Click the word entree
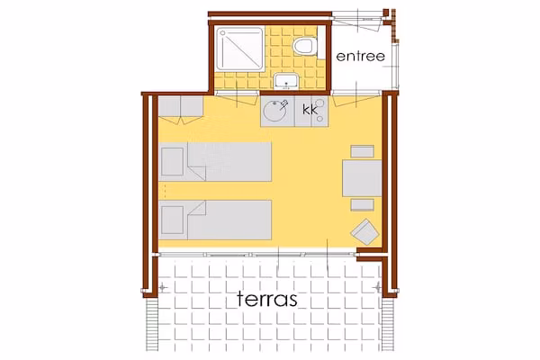click(360, 57)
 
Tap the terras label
click(267, 299)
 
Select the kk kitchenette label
click(310, 110)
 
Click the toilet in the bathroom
click(304, 47)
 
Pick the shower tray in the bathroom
click(239, 49)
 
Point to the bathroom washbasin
click(286, 81)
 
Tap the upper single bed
click(215, 162)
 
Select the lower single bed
click(215, 220)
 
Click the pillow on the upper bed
click(172, 162)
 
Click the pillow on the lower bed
click(172, 220)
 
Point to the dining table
click(362, 178)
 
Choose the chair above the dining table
click(363, 151)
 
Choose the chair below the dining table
click(363, 205)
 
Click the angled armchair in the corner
click(365, 232)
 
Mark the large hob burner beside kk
click(320, 103)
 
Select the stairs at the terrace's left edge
click(151, 325)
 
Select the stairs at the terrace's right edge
click(388, 325)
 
